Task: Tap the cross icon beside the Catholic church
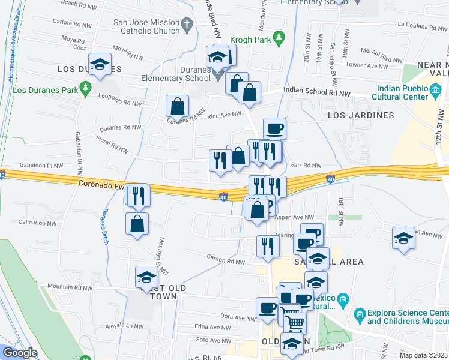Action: [187, 25]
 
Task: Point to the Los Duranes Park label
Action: [47, 91]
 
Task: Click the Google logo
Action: [19, 353]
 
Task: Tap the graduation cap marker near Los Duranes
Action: [100, 64]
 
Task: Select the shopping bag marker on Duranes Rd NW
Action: [178, 107]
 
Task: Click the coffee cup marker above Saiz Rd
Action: [274, 128]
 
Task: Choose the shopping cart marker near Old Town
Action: [294, 322]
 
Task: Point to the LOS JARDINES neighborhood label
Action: [360, 115]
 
